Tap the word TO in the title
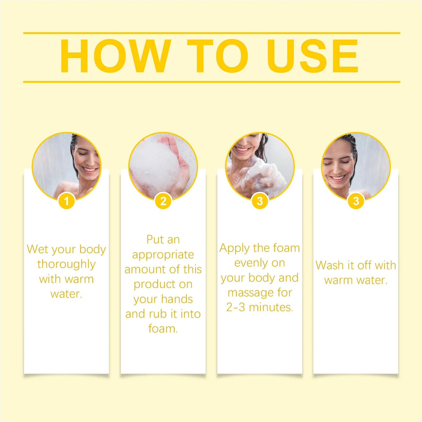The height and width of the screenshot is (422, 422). (217, 56)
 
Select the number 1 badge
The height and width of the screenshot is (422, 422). (66, 201)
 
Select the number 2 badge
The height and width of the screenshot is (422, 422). (163, 201)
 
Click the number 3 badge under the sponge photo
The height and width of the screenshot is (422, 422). (260, 201)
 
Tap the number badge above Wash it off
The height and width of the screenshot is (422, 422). (356, 201)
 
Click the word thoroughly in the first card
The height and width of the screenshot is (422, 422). (66, 264)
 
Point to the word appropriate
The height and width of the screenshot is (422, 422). (163, 255)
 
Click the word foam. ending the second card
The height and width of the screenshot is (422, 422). (163, 329)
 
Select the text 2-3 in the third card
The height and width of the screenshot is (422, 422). (235, 307)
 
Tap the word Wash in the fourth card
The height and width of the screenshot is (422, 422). (329, 265)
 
